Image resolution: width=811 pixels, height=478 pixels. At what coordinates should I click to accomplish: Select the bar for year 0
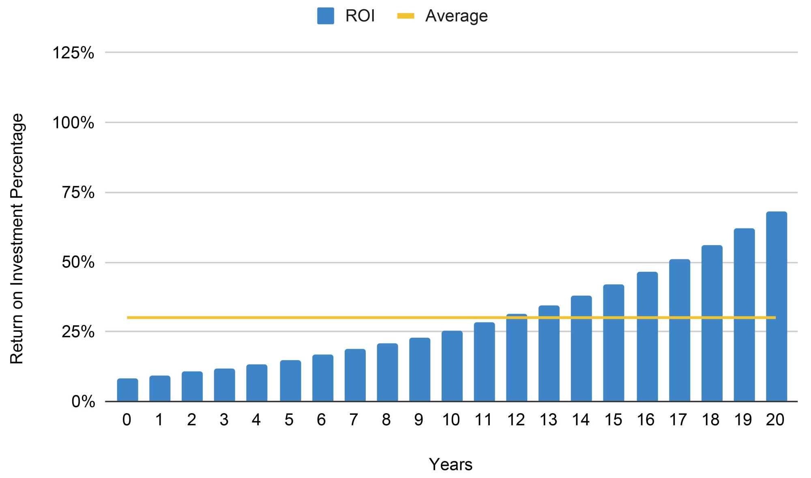127,390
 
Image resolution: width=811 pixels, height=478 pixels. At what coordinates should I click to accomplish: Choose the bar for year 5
290,380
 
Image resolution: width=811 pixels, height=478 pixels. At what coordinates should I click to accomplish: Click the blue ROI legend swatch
325,16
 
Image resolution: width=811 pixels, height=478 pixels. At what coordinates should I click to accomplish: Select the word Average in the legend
456,16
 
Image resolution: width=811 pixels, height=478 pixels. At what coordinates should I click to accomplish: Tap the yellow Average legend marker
405,16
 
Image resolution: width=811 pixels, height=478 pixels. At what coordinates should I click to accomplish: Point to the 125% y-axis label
73,53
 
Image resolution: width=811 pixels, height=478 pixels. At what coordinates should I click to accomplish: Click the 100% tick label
73,122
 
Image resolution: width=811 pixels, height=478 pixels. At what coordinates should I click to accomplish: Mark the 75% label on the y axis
78,192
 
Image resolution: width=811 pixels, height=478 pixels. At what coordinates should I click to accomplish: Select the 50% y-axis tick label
78,262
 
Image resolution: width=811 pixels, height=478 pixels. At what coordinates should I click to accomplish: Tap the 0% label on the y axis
83,401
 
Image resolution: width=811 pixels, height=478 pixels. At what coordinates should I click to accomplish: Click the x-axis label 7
354,420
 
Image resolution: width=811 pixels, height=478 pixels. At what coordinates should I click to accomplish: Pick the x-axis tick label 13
548,420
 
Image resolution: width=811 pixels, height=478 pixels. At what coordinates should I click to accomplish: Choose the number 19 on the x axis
743,420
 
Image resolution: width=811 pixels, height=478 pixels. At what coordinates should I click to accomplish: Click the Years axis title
451,465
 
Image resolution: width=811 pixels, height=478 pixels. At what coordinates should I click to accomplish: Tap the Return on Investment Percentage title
17,239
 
